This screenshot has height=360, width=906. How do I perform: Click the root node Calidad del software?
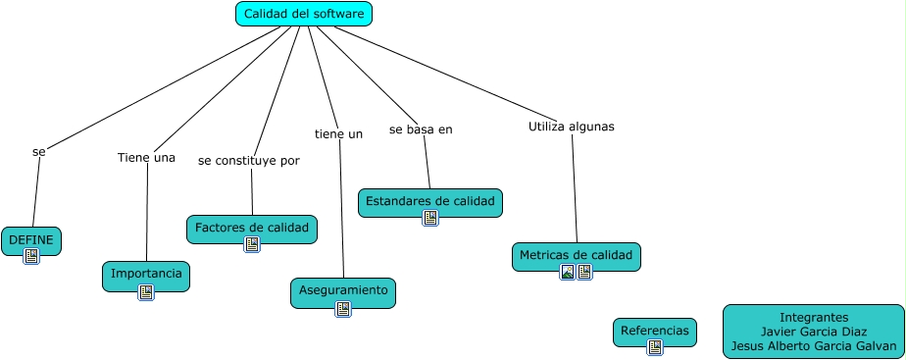pyautogui.click(x=304, y=14)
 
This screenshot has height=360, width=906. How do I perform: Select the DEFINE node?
pyautogui.click(x=31, y=240)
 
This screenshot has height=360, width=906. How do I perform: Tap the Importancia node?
pyautogui.click(x=146, y=274)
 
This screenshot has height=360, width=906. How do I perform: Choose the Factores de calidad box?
pyautogui.click(x=252, y=229)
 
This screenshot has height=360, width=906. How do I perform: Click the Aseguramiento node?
pyautogui.click(x=343, y=290)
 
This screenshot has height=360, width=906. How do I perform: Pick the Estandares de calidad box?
pyautogui.click(x=430, y=201)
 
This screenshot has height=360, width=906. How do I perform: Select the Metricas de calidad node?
pyautogui.click(x=577, y=255)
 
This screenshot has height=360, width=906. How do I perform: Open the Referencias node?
pyautogui.click(x=655, y=332)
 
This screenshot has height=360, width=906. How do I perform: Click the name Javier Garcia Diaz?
pyautogui.click(x=814, y=332)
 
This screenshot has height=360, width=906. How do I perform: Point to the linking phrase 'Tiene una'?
pyautogui.click(x=146, y=158)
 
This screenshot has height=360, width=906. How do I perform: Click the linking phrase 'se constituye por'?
pyautogui.click(x=249, y=160)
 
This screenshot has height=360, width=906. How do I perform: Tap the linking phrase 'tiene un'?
pyautogui.click(x=338, y=133)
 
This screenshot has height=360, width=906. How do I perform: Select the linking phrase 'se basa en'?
pyautogui.click(x=421, y=129)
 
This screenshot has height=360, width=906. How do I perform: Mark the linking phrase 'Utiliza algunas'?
pyautogui.click(x=571, y=127)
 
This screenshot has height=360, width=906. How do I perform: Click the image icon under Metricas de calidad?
pyautogui.click(x=568, y=272)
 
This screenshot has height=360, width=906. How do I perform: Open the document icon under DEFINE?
pyautogui.click(x=31, y=256)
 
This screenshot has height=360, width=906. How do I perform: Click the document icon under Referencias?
pyautogui.click(x=655, y=347)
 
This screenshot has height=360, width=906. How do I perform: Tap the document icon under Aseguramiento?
pyautogui.click(x=343, y=309)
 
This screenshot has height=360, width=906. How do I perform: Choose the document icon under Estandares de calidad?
pyautogui.click(x=430, y=218)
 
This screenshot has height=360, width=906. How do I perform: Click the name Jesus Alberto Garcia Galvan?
pyautogui.click(x=814, y=345)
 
